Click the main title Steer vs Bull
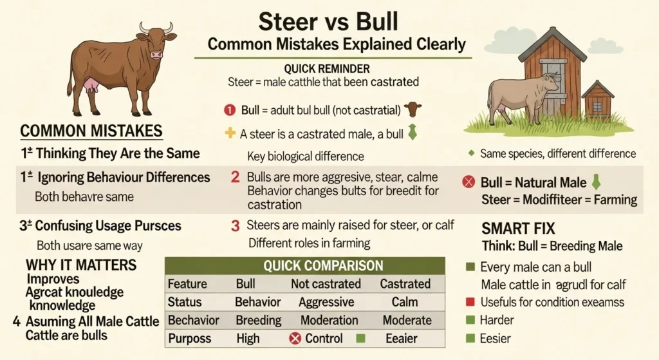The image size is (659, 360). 328,21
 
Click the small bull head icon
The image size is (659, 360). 413,109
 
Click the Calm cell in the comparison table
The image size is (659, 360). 404,302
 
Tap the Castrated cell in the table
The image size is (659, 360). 405,284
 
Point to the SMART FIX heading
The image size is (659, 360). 519,228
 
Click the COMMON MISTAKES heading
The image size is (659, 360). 91,131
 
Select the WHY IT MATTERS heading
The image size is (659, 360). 80,265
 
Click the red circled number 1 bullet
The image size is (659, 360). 230,110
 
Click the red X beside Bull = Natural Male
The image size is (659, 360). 469,182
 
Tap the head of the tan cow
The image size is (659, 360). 551,81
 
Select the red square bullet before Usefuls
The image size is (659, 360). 469,301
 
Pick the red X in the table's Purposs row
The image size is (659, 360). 295,338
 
